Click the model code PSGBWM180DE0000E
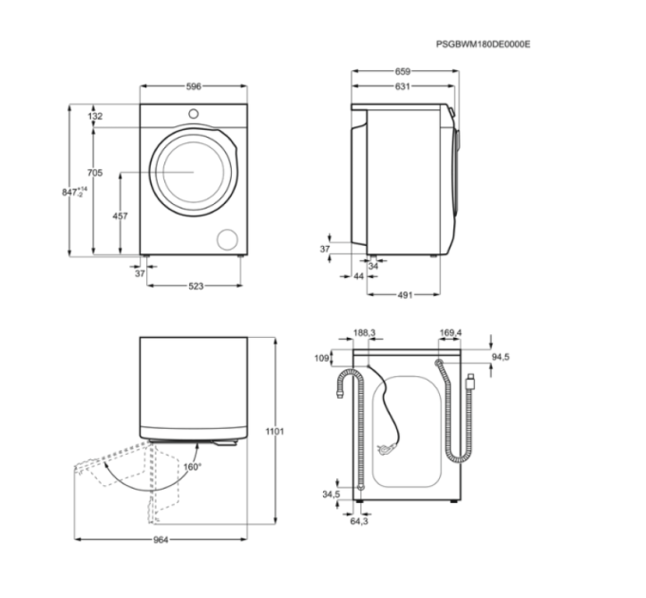pyautogui.click(x=484, y=44)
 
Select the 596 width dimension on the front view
pyautogui.click(x=194, y=86)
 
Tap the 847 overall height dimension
pyautogui.click(x=74, y=192)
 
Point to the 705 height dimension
pyautogui.click(x=95, y=173)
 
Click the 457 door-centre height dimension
pyautogui.click(x=121, y=215)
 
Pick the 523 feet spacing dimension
pyautogui.click(x=196, y=286)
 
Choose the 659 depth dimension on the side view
pyautogui.click(x=403, y=71)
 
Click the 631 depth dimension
pyautogui.click(x=403, y=86)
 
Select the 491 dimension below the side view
pyautogui.click(x=405, y=295)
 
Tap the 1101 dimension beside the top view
pyautogui.click(x=275, y=431)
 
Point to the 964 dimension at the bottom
pyautogui.click(x=161, y=539)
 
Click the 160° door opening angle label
pyautogui.click(x=193, y=467)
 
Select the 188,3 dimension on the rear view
pyautogui.click(x=365, y=332)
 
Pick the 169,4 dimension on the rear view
pyautogui.click(x=450, y=332)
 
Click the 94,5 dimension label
pyautogui.click(x=501, y=357)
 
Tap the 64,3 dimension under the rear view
pyautogui.click(x=359, y=521)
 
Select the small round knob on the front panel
pyautogui.click(x=193, y=114)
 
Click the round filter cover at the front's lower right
pyautogui.click(x=227, y=239)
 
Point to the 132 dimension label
pyautogui.click(x=95, y=116)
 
